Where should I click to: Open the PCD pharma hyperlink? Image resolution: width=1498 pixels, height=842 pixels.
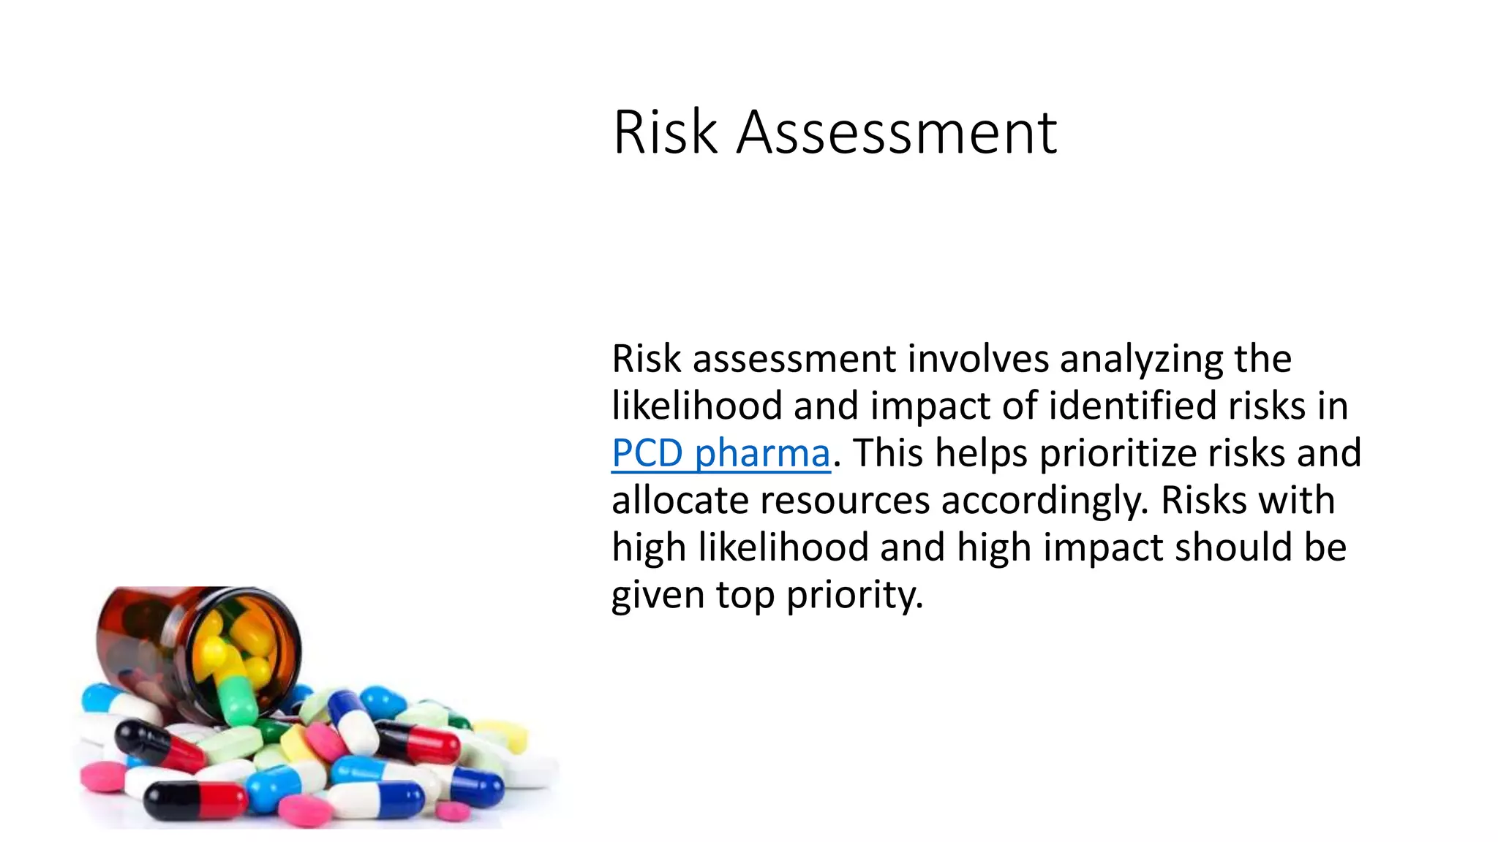click(x=720, y=453)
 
